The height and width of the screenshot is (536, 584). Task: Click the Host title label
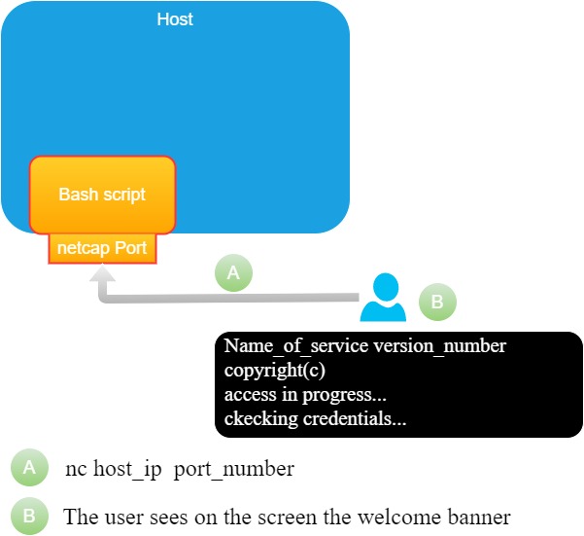(175, 19)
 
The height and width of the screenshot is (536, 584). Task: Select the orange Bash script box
(102, 195)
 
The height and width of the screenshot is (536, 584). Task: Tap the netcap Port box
(102, 248)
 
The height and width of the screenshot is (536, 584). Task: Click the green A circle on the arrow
(233, 274)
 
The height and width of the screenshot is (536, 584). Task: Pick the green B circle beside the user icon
(437, 303)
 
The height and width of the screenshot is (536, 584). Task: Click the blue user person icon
(383, 298)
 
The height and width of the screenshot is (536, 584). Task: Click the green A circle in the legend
(29, 468)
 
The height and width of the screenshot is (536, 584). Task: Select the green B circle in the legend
(29, 516)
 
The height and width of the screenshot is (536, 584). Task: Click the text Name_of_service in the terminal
(283, 346)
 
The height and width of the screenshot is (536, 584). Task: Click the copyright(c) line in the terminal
(275, 371)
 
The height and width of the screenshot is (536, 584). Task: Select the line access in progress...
(305, 395)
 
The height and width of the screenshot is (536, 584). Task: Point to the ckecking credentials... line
(315, 419)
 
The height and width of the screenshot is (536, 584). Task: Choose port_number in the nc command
(242, 469)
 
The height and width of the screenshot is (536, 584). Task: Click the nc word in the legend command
(76, 469)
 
